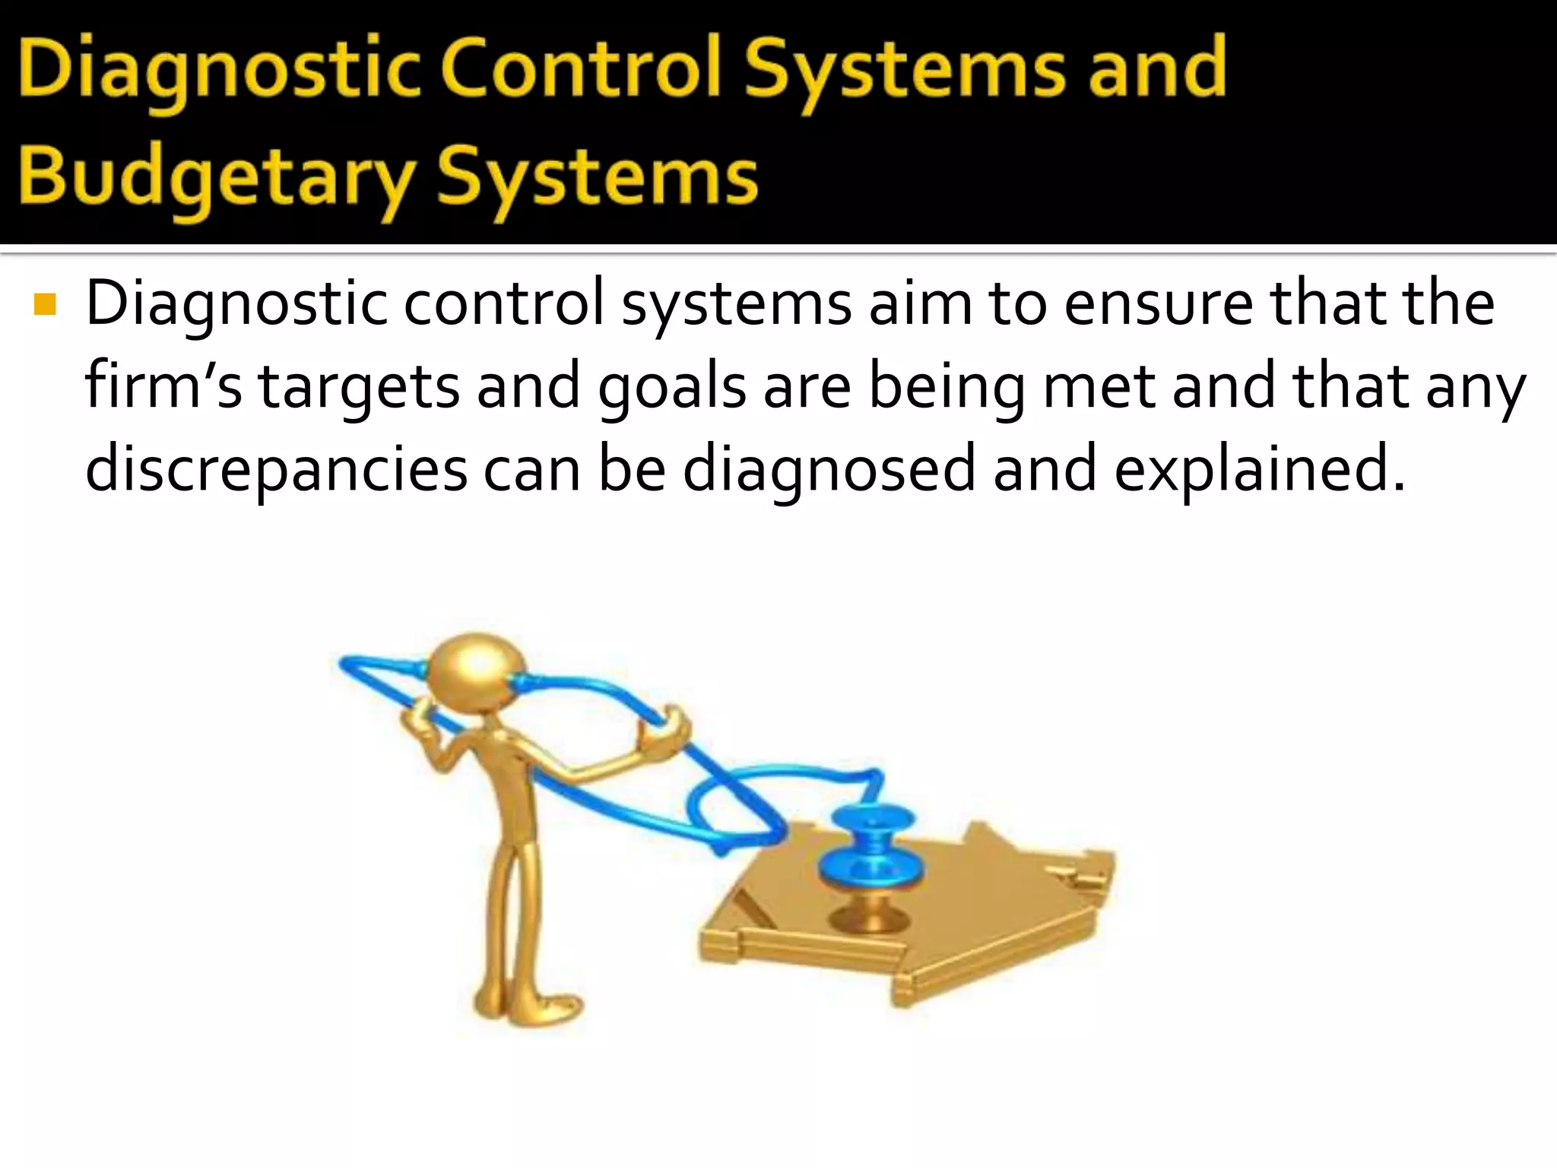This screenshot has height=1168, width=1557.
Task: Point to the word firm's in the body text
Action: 163,386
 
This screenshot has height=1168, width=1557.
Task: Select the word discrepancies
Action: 276,469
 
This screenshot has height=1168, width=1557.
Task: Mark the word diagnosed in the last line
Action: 829,469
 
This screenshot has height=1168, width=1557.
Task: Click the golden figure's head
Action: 476,670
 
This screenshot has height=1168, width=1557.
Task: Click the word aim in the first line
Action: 920,303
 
